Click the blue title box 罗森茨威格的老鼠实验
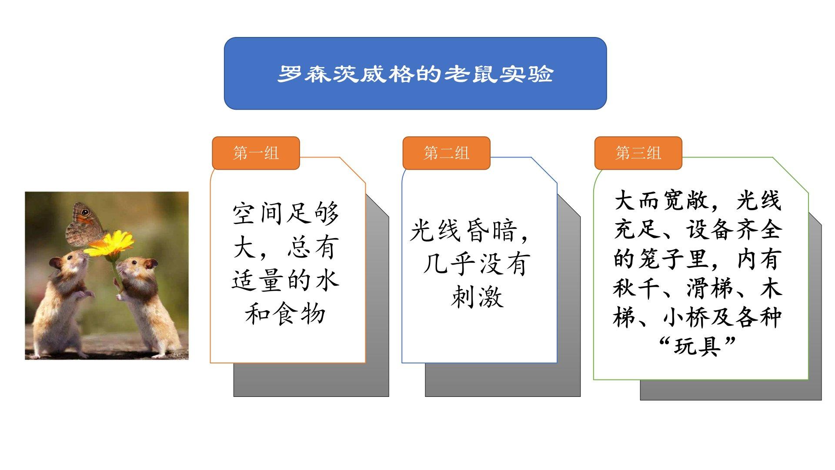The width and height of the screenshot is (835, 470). (x=415, y=73)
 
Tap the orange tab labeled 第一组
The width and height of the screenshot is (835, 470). (x=256, y=153)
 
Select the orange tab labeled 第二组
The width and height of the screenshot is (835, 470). (x=446, y=153)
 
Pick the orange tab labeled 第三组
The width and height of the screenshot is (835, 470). (x=638, y=153)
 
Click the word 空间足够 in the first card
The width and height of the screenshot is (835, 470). (x=286, y=214)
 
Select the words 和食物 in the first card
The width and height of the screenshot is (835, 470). (x=286, y=314)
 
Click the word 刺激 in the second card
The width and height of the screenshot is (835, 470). (x=478, y=297)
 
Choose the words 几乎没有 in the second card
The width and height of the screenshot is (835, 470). (x=477, y=263)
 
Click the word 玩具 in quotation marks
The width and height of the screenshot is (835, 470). (x=697, y=347)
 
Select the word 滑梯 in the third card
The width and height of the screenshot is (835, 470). (x=710, y=288)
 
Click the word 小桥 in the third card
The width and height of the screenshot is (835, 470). (x=685, y=317)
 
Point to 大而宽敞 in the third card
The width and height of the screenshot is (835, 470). (x=661, y=201)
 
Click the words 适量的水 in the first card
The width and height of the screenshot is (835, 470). (x=286, y=280)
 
